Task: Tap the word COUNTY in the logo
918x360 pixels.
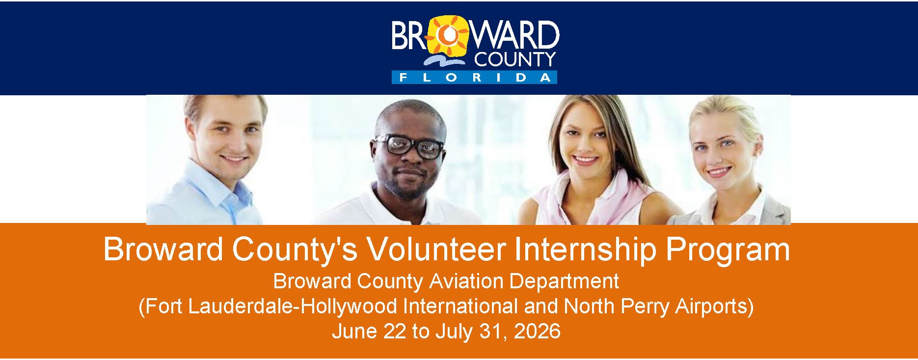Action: point(515,59)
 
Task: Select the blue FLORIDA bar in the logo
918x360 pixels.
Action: point(474,78)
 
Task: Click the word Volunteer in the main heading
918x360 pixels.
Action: point(436,249)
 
